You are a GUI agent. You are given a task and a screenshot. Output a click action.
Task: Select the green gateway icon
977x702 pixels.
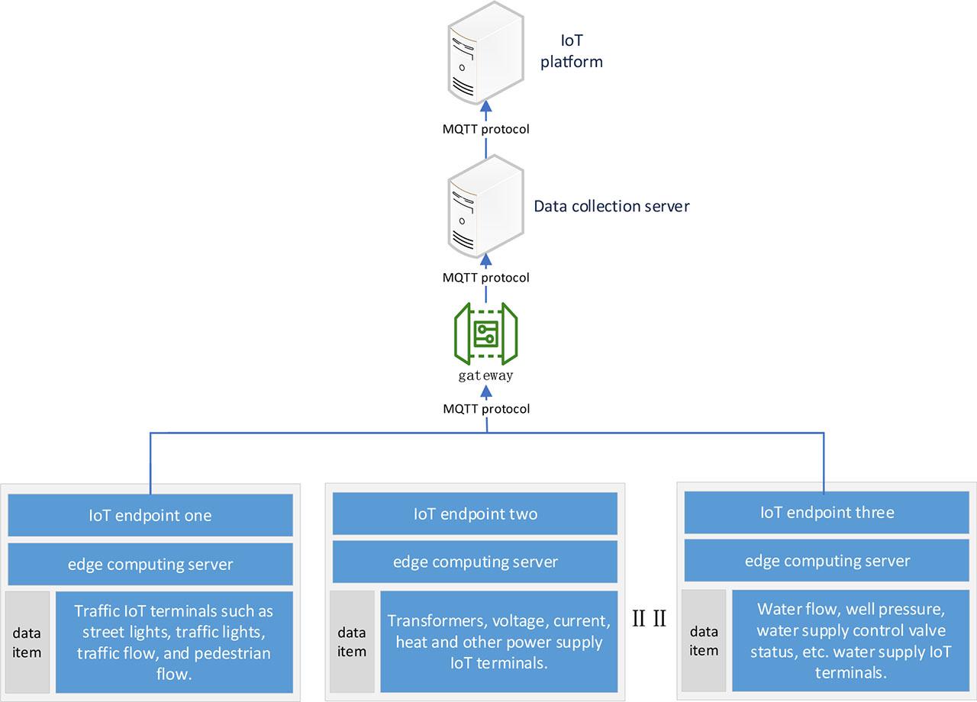[x=486, y=333]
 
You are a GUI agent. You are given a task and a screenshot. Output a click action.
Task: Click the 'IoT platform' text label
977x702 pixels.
[x=572, y=51]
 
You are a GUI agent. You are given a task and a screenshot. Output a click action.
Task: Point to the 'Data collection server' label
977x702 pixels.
[x=611, y=206]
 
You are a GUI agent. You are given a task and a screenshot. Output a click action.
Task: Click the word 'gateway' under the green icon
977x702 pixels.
[x=486, y=375]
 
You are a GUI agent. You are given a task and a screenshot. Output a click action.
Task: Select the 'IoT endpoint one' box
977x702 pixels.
[x=150, y=515]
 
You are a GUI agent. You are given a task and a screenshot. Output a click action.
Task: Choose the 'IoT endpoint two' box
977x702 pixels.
[x=475, y=514]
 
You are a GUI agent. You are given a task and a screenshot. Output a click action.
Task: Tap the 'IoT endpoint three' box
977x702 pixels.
[x=827, y=512]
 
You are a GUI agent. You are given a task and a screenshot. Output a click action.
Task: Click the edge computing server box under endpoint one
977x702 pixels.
[x=150, y=565]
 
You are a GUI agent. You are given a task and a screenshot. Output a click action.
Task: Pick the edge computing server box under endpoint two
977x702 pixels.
[x=475, y=562]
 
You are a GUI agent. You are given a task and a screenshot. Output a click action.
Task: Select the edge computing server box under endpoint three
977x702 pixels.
[x=827, y=561]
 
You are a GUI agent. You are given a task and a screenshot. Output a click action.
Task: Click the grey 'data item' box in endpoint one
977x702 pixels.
[x=27, y=642]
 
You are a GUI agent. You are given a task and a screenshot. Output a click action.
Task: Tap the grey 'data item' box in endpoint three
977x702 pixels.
[x=704, y=640]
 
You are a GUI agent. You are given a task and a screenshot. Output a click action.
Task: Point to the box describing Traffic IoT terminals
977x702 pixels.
[x=174, y=642]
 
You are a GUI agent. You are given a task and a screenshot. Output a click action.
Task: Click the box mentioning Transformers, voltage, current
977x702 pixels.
[x=498, y=641]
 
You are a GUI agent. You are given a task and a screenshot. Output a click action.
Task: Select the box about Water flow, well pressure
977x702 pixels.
[x=850, y=640]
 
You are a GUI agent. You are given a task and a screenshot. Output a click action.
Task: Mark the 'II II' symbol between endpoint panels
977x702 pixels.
[x=650, y=619]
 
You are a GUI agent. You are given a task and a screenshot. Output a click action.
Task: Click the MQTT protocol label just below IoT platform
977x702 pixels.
[x=486, y=129]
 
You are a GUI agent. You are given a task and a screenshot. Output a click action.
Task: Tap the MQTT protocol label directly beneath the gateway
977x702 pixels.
[x=486, y=409]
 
